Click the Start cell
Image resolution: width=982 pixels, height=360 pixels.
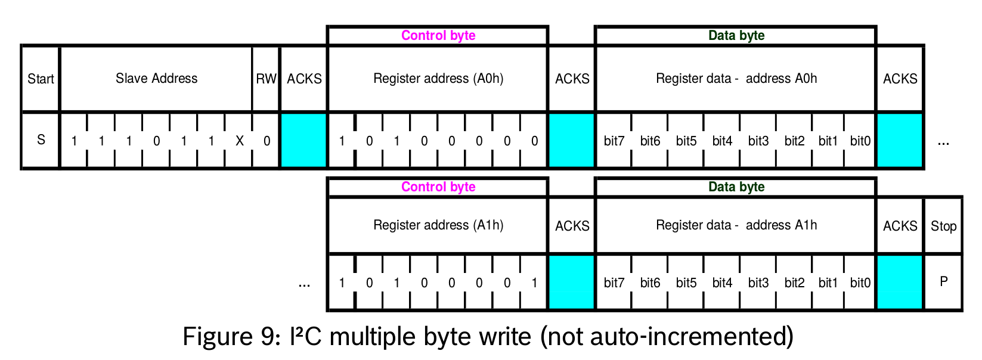pos(41,79)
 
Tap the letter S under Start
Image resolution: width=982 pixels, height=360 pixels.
pos(41,140)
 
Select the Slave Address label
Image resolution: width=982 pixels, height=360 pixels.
pos(156,79)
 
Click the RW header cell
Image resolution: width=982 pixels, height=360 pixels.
pos(266,79)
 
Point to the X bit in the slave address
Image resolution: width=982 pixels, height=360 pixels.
pos(239,141)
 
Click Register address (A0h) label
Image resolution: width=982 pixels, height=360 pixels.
pos(438,79)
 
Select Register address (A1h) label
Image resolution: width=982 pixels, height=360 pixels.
pos(438,225)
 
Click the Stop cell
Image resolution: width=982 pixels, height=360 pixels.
pos(943,226)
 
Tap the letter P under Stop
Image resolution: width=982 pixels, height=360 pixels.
pos(943,281)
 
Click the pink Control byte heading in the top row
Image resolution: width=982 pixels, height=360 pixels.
pos(438,36)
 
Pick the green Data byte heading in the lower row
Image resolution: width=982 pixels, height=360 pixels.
pos(736,187)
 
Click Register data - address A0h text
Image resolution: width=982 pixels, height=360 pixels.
pos(736,79)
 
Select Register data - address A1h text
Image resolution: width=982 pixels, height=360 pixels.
pos(736,225)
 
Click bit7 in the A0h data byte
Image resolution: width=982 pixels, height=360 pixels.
pos(614,141)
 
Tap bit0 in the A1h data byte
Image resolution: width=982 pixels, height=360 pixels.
pos(860,283)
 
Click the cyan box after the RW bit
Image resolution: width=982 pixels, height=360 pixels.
pos(303,141)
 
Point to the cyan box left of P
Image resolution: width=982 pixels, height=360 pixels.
pos(900,282)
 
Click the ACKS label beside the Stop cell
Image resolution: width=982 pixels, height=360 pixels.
pos(900,226)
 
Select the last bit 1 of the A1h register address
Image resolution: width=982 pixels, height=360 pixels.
pos(534,283)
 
